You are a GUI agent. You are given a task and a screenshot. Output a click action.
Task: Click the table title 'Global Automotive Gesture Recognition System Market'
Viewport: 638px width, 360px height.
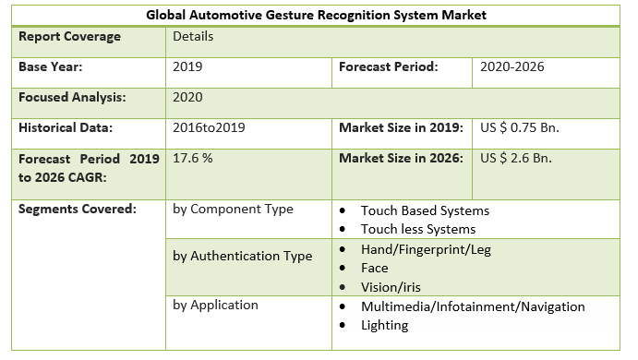(x=319, y=16)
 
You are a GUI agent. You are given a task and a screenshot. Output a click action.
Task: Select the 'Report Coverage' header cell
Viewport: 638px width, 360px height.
(x=69, y=37)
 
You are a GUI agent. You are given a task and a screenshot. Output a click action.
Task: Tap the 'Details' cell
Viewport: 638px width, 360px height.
(x=193, y=37)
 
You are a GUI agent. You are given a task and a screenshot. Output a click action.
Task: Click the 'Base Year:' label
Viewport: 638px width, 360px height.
(x=51, y=67)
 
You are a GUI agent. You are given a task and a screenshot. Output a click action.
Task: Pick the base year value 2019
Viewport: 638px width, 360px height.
(x=188, y=67)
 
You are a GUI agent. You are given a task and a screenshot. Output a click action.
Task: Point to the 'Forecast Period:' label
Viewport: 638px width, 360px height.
(x=388, y=67)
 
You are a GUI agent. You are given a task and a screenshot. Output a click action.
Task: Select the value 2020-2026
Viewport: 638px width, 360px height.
(x=512, y=67)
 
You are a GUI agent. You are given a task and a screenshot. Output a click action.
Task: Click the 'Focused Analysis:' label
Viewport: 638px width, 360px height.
(x=72, y=97)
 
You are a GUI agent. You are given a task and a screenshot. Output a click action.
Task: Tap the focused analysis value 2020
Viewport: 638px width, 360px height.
(x=188, y=97)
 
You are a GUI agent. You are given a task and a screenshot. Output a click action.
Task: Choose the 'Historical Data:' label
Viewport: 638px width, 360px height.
(x=66, y=127)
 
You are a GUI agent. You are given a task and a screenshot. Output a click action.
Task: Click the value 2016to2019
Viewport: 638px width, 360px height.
(x=210, y=127)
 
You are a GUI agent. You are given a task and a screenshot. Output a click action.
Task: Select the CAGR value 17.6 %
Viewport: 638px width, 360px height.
(x=193, y=158)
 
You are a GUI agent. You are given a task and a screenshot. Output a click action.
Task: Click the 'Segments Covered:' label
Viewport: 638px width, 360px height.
(x=77, y=209)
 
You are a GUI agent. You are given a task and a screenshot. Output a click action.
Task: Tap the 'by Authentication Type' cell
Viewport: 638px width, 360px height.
(x=242, y=257)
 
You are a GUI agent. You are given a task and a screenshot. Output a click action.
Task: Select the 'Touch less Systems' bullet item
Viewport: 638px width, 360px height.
(x=418, y=229)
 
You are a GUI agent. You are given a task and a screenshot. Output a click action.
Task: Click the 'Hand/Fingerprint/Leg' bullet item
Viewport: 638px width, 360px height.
(x=426, y=250)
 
